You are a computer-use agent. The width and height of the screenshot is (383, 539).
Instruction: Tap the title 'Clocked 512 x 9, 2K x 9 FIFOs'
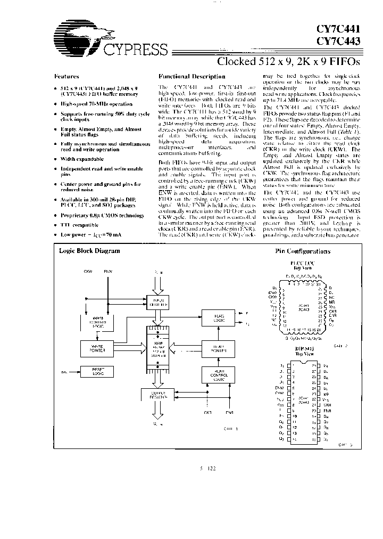288,61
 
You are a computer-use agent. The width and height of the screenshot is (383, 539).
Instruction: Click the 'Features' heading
67,77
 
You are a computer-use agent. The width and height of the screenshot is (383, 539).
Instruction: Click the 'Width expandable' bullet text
82,159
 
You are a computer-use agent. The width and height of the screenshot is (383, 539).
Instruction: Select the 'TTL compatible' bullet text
80,225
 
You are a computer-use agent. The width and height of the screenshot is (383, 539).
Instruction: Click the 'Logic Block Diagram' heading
89,251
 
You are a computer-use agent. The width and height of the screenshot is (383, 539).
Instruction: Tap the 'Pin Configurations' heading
303,251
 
